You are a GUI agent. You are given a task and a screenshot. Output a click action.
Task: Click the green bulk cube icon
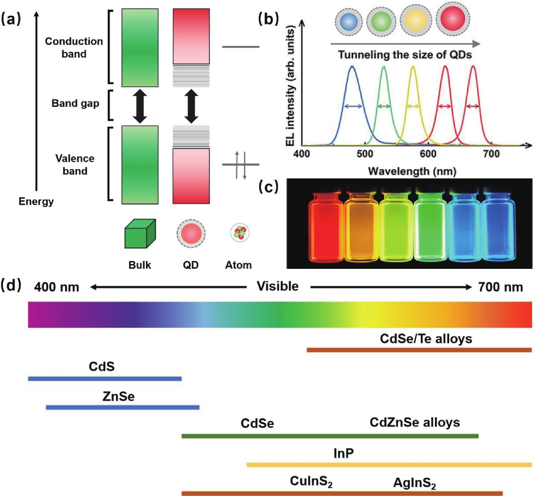click(140, 234)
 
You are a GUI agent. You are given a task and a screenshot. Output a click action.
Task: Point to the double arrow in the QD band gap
click(191, 106)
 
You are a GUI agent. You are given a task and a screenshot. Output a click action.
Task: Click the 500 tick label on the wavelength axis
click(365, 154)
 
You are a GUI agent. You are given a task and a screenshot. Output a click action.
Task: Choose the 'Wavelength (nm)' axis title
click(412, 171)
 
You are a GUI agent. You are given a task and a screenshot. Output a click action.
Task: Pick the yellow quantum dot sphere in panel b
click(416, 21)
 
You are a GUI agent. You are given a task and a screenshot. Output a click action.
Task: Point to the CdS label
click(102, 367)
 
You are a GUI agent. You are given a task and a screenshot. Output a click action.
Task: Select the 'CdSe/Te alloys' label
click(426, 339)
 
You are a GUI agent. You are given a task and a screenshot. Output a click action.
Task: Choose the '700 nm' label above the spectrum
click(501, 287)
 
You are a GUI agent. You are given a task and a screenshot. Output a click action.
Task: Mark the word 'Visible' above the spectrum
click(278, 286)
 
